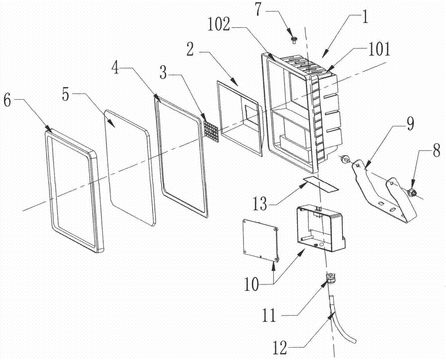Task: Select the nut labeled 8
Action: coord(413,193)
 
